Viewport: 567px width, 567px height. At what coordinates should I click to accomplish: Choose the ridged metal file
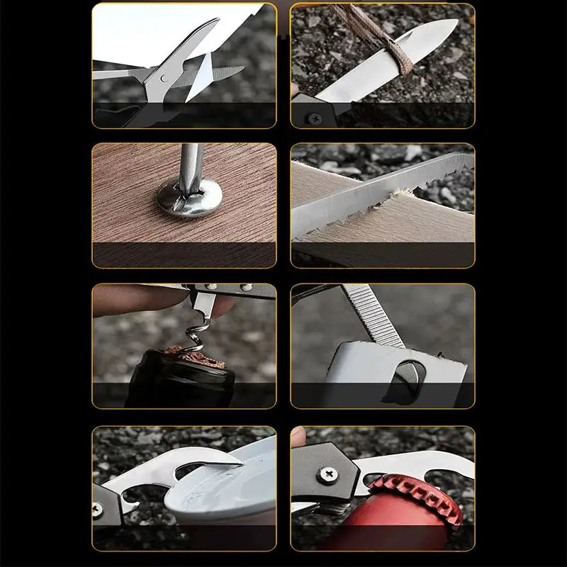[x=372, y=315]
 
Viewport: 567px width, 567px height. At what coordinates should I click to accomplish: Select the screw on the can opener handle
[x=99, y=509]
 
